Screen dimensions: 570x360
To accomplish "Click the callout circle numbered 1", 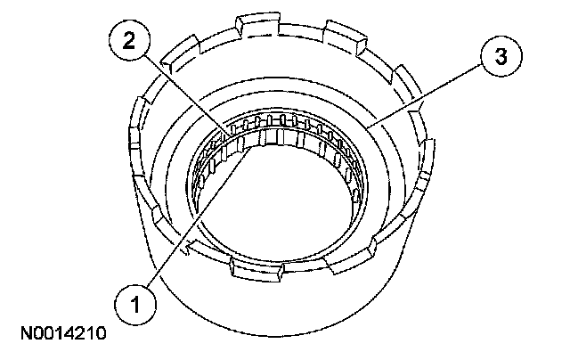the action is point(135,304).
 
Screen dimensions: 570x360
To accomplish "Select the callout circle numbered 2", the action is point(129,40).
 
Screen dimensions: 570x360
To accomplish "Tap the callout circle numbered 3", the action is point(501,57).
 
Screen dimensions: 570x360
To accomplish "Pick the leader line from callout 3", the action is point(424,96).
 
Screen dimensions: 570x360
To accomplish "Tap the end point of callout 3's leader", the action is point(366,127).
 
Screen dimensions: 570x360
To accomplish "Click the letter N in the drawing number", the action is point(27,333).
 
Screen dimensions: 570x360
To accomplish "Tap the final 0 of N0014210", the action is point(100,333).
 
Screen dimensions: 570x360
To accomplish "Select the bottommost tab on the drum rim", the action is point(256,269).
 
